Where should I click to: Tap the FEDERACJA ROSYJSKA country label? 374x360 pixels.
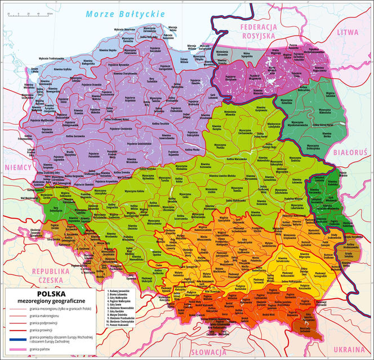tap(258, 31)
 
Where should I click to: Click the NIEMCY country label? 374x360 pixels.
tap(16, 167)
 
